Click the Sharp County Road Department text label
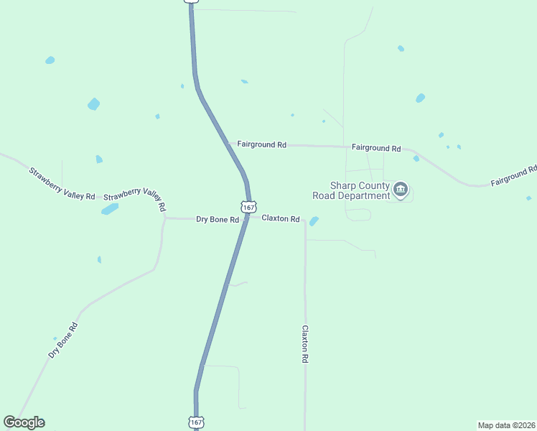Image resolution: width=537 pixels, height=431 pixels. point(351,190)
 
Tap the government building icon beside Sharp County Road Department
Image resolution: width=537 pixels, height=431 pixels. point(401,190)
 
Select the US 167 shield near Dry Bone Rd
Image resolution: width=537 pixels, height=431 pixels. point(248,207)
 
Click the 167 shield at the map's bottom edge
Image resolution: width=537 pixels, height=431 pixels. point(197,422)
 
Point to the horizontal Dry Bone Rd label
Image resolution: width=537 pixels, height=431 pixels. point(217,219)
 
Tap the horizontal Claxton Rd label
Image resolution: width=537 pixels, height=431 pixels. point(280,218)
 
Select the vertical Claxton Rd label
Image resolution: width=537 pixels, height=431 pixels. point(305,343)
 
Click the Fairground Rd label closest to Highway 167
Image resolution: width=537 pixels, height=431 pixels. point(261,144)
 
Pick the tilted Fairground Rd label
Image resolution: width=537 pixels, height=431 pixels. point(514,176)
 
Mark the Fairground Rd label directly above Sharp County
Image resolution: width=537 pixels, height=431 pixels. point(376,148)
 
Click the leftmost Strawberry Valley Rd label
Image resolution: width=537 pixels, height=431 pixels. point(62,184)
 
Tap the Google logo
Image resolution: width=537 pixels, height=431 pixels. point(24,422)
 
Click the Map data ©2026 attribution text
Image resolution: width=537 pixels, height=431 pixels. point(506,425)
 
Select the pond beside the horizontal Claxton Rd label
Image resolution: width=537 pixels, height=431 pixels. point(314,221)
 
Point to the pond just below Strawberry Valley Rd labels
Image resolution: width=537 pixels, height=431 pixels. point(110,209)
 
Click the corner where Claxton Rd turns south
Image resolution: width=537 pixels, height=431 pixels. point(305,220)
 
